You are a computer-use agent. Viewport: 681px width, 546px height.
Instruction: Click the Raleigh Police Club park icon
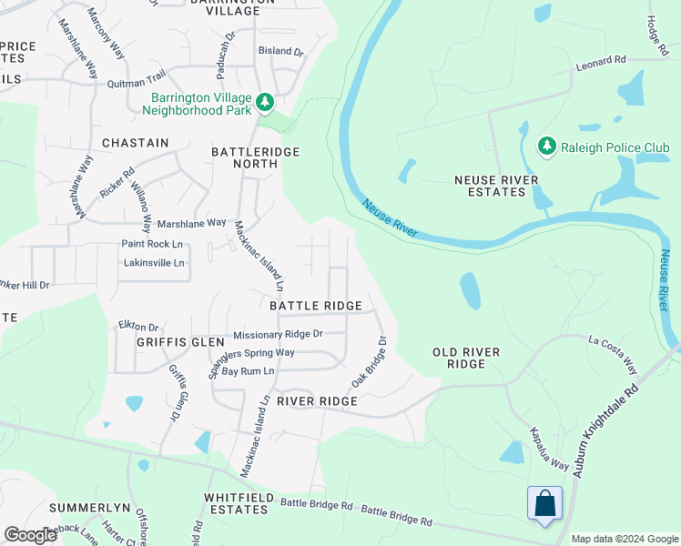coord(546,146)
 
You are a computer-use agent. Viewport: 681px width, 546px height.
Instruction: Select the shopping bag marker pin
coord(544,504)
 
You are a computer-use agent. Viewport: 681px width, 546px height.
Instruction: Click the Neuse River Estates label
coord(496,186)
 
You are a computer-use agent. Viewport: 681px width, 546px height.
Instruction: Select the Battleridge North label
coord(255,158)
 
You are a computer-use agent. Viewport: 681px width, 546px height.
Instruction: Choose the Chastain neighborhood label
coord(136,143)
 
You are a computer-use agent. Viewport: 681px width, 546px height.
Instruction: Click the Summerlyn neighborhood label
coord(90,507)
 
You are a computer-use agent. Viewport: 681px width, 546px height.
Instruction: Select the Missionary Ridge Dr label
coord(278,334)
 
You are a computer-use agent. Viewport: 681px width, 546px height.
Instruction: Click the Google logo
coord(29,535)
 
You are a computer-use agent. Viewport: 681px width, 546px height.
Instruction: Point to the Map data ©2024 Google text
coord(624,539)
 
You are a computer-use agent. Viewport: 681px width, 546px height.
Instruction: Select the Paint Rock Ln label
coord(153,244)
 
